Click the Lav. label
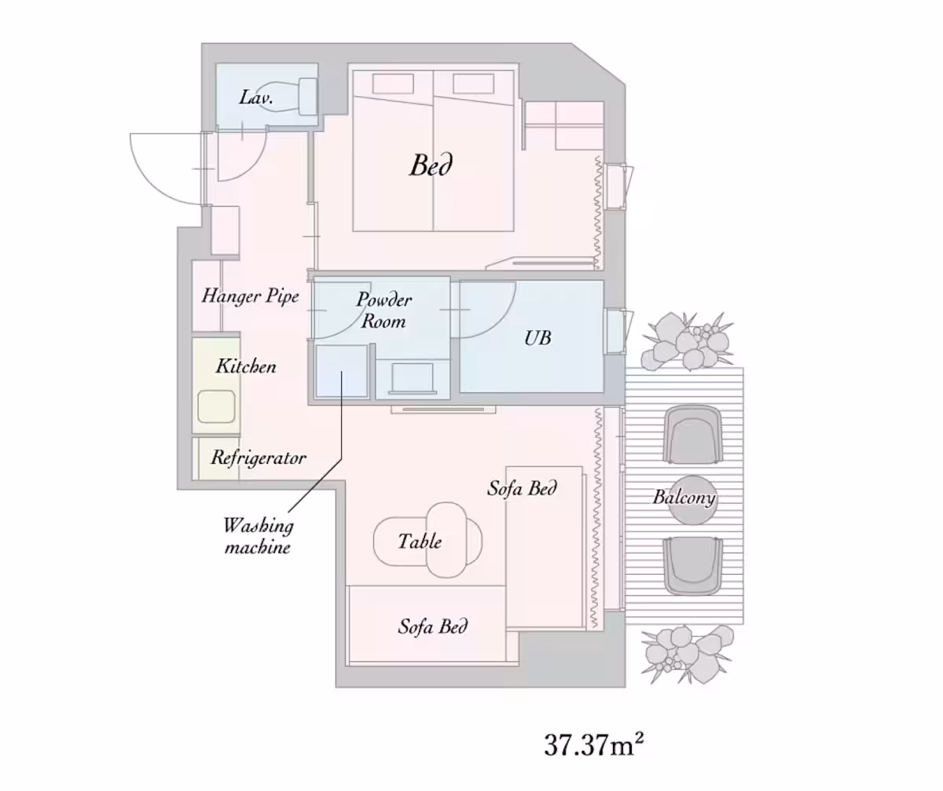pos(256,97)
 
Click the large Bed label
pos(431,165)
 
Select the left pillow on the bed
pos(393,84)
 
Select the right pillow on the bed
pos(473,84)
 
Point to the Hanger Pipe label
pos(250,296)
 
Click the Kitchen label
pos(246,366)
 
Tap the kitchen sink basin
pos(216,407)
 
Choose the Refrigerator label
pos(259,458)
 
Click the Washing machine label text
pos(259,536)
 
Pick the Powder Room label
pos(384,311)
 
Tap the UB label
pos(538,338)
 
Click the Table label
pos(420,541)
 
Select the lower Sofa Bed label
pos(433,627)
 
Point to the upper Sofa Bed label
pos(522,488)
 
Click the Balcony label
pos(684,498)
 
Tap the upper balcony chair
pos(693,434)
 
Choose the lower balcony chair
pos(693,566)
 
